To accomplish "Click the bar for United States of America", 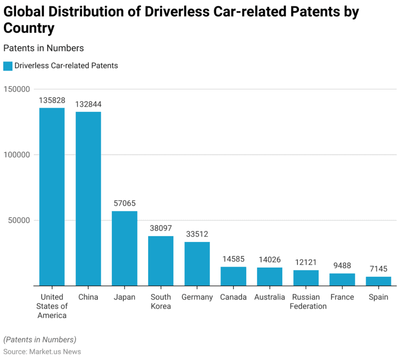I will click(x=52, y=197).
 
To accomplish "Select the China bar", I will click(x=88, y=199).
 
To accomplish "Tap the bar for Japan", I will click(x=124, y=248).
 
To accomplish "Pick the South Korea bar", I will click(x=160, y=260).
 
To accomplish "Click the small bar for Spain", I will click(x=379, y=281).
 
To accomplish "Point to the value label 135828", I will click(x=52, y=100).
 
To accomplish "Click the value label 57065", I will click(x=125, y=203).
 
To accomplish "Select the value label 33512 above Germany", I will click(x=197, y=234).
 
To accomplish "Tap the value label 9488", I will click(x=342, y=266).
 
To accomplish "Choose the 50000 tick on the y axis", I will click(x=19, y=220).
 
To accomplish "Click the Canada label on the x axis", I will click(x=233, y=297).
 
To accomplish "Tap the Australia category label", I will click(x=270, y=297).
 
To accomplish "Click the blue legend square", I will click(x=8, y=66).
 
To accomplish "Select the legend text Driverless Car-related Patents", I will click(x=66, y=66).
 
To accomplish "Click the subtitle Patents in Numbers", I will click(x=43, y=48).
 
